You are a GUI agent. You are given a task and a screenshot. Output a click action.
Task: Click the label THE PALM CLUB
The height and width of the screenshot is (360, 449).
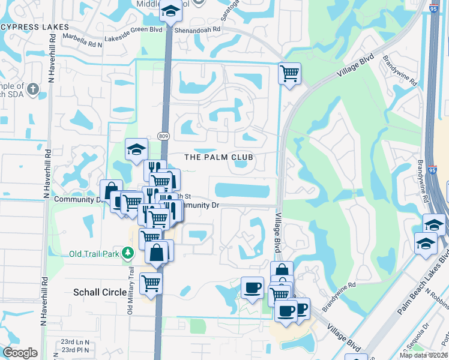218,157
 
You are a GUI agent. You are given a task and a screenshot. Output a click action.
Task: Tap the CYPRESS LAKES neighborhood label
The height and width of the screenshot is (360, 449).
32,28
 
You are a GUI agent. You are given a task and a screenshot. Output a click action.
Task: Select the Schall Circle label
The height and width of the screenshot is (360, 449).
100,292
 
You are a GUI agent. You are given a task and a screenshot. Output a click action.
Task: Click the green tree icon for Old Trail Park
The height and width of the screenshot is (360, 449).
127,253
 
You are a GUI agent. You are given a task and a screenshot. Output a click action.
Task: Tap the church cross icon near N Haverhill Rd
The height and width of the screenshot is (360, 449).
33,91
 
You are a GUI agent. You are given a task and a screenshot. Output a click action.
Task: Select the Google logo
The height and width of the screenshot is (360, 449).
20,352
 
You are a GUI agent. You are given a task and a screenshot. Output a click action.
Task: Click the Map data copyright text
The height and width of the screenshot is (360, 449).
424,355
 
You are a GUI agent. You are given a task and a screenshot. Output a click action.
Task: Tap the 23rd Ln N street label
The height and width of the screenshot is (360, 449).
75,342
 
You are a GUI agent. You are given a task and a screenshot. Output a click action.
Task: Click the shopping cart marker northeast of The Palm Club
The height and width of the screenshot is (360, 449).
289,74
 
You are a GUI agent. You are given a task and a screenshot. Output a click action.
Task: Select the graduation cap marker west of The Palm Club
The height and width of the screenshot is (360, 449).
136,149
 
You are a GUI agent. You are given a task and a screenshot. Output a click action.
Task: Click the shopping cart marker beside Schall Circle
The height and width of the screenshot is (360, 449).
151,283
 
